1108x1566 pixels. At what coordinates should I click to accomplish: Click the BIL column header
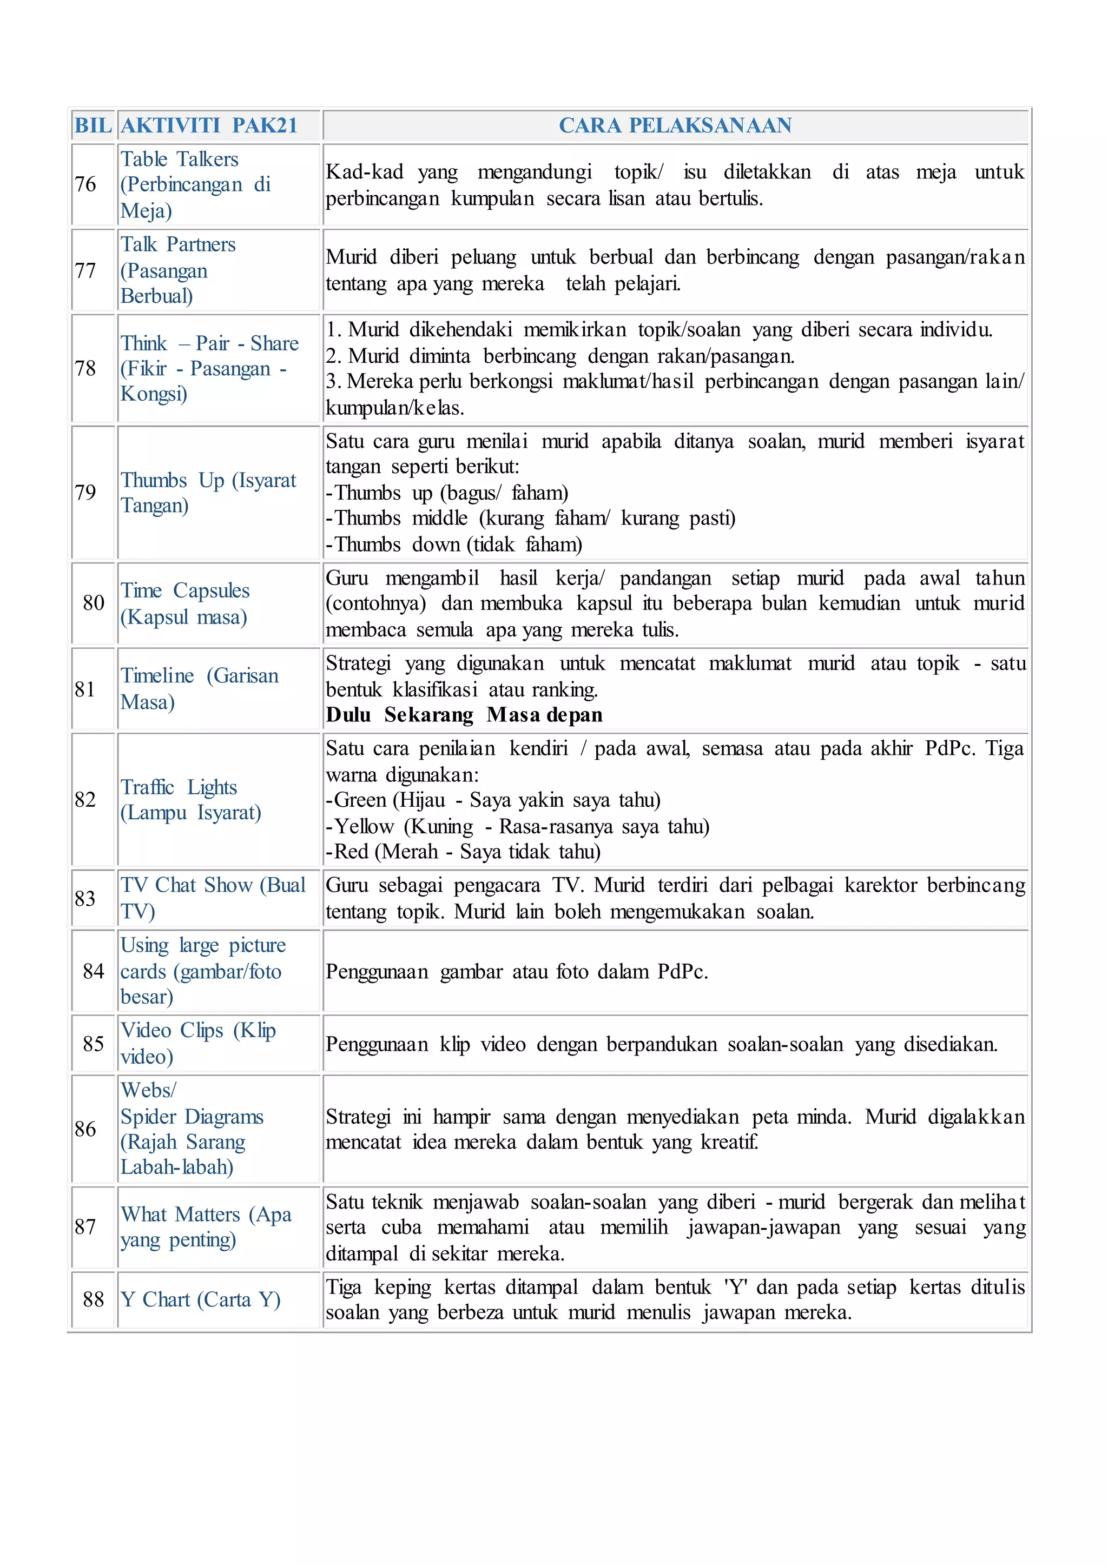93,125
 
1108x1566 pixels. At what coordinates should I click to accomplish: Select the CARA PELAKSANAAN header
675,125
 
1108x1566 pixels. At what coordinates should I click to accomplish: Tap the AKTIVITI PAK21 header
209,125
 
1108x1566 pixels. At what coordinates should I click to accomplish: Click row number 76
85,184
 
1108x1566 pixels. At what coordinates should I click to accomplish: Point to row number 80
94,603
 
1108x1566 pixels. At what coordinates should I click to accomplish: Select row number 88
94,1299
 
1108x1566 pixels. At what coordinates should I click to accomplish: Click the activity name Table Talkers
180,159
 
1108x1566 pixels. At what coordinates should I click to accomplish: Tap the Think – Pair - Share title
209,343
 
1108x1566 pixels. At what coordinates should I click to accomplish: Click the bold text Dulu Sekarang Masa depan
464,715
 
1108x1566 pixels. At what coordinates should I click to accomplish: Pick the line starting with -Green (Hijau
493,800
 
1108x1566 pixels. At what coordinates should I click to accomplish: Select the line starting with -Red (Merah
463,852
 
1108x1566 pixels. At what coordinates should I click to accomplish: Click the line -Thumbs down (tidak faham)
454,545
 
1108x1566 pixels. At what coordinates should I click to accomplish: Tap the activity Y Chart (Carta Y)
201,1299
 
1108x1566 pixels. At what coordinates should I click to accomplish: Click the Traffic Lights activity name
179,787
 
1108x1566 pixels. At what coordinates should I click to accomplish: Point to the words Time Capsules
185,590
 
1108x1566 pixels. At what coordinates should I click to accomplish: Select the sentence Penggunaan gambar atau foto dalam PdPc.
517,971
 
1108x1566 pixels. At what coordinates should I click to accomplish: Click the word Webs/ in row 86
148,1090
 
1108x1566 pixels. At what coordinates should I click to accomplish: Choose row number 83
85,898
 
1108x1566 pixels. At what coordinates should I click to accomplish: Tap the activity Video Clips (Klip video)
198,1044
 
